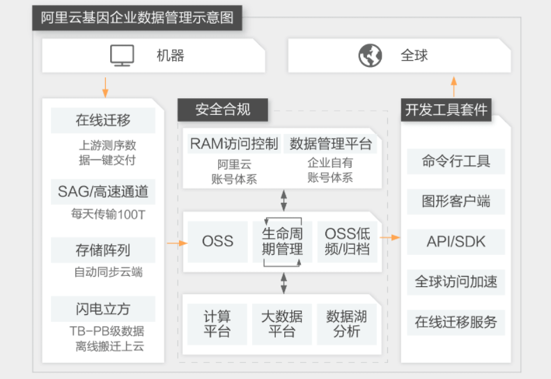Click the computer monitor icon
pyautogui.click(x=122, y=56)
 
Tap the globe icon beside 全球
pyautogui.click(x=370, y=56)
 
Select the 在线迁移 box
pyautogui.click(x=103, y=121)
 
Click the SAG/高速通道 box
pyautogui.click(x=103, y=192)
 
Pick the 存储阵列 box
pyautogui.click(x=103, y=250)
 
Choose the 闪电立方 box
pyautogui.click(x=103, y=309)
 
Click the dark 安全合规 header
pyautogui.click(x=223, y=109)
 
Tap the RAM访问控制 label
pyautogui.click(x=234, y=144)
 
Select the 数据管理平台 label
pyautogui.click(x=330, y=144)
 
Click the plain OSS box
pyautogui.click(x=217, y=242)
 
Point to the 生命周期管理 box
pyautogui.click(x=282, y=242)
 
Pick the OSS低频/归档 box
pyautogui.click(x=347, y=242)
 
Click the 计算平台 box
pyautogui.click(x=217, y=324)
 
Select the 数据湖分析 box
pyautogui.click(x=347, y=324)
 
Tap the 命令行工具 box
pyautogui.click(x=456, y=162)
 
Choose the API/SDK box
pyautogui.click(x=456, y=242)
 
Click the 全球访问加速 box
pyautogui.click(x=456, y=282)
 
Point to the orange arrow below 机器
pyautogui.click(x=105, y=88)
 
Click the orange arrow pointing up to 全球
pyautogui.click(x=454, y=87)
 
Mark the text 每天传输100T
pyautogui.click(x=108, y=214)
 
